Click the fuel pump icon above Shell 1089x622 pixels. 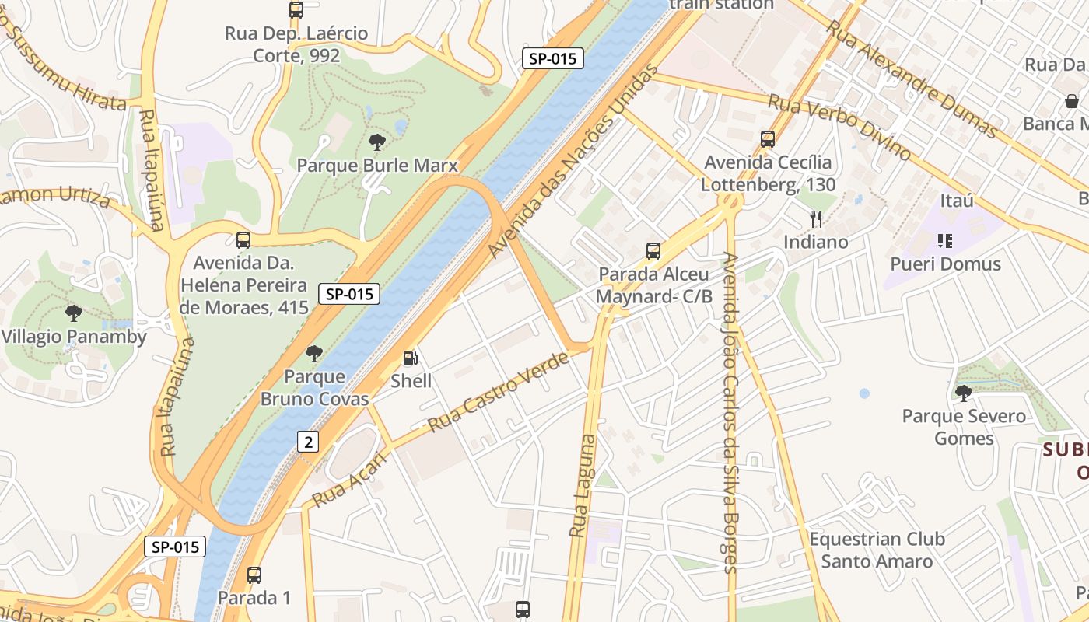tap(410, 358)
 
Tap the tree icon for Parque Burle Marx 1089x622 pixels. tap(377, 142)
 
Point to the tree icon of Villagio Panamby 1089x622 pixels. tap(74, 313)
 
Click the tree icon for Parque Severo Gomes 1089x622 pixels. tap(964, 393)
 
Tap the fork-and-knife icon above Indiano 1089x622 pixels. tap(815, 219)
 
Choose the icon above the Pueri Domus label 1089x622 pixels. tap(945, 241)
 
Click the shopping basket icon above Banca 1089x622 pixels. tap(1072, 101)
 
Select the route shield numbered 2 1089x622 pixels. tap(309, 442)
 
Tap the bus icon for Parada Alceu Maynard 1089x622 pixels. tap(653, 251)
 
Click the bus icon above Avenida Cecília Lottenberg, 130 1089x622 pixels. tap(768, 139)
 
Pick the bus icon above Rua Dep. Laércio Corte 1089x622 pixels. tap(296, 10)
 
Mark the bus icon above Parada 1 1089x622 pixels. tap(254, 575)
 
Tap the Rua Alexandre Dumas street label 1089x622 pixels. tap(912, 79)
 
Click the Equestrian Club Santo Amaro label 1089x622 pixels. tap(877, 550)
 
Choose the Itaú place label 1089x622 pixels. tap(957, 201)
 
